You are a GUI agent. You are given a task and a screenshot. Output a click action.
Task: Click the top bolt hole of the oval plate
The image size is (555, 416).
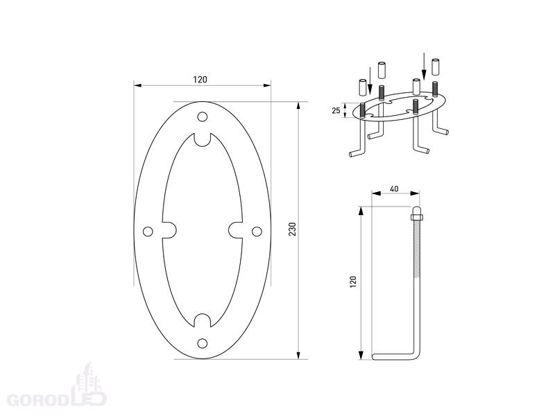point(202,116)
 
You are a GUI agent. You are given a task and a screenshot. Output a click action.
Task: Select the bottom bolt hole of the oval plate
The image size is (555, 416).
point(202,343)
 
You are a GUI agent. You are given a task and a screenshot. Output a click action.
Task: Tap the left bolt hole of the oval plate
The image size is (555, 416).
point(148,232)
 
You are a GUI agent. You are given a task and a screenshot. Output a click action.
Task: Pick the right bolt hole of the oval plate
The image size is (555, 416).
point(257,232)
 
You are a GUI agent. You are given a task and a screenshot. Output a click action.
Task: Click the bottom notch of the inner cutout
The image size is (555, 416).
point(202,320)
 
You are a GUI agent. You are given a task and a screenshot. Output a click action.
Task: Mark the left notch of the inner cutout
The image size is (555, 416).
point(169,230)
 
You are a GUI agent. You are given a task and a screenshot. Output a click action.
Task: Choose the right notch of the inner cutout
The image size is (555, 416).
point(235,230)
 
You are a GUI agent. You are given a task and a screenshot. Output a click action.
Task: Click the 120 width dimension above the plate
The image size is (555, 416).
point(200,80)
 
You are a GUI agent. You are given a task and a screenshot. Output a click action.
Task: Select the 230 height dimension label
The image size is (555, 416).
point(292,229)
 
